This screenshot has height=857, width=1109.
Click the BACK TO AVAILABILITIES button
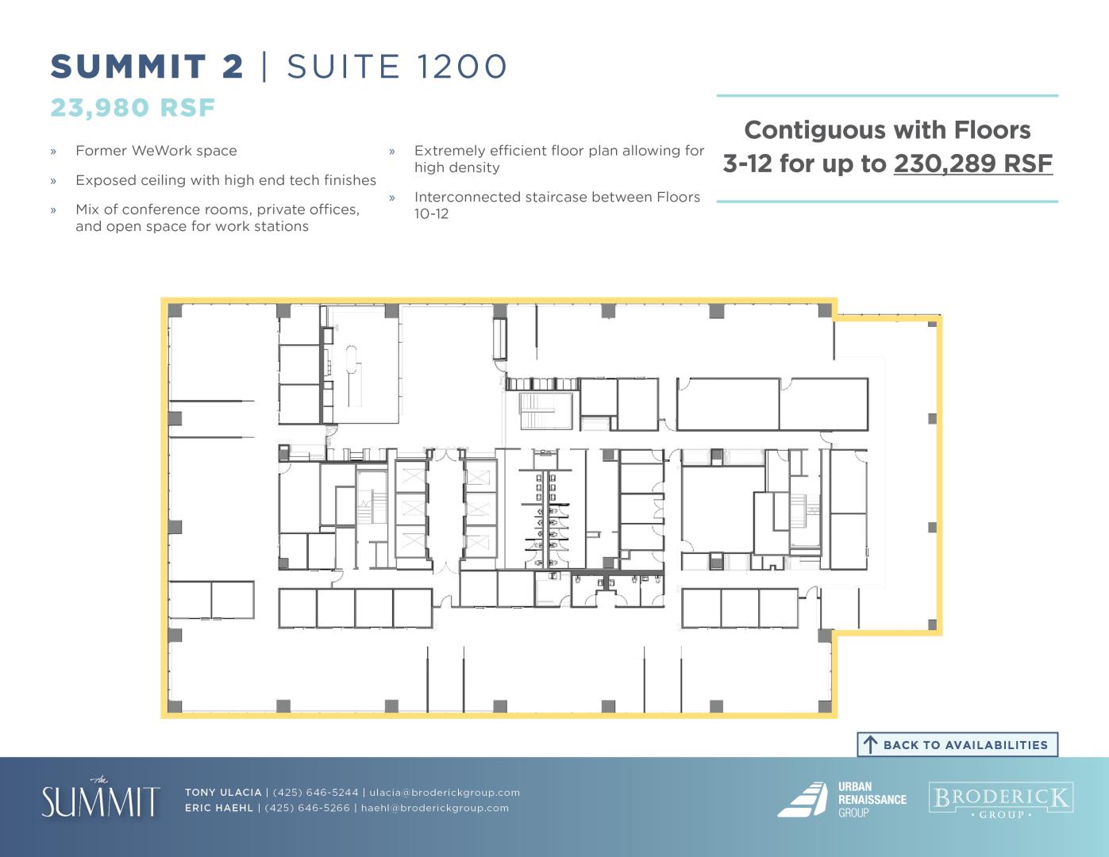pos(957,744)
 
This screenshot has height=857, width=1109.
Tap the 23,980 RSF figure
pos(133,108)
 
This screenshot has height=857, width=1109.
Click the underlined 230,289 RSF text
pos(972,163)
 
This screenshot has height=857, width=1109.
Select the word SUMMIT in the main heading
pos(128,67)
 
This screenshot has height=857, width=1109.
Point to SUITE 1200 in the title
pos(397,67)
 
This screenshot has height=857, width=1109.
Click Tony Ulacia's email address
pos(445,792)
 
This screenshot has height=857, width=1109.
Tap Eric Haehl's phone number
pos(307,808)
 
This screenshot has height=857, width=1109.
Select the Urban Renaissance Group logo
pos(841,799)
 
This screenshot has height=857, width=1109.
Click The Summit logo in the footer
pos(101,798)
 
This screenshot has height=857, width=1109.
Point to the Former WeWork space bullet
pos(156,151)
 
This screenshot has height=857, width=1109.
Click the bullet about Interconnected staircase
pos(556,205)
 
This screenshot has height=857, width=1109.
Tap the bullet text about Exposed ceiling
pos(225,180)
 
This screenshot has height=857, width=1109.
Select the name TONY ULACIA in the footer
pos(223,792)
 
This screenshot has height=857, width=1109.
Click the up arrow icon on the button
pos(870,745)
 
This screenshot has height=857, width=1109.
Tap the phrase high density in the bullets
pos(456,168)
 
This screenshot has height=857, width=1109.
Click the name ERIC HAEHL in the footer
pos(219,808)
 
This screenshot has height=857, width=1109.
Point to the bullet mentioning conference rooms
pos(218,217)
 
